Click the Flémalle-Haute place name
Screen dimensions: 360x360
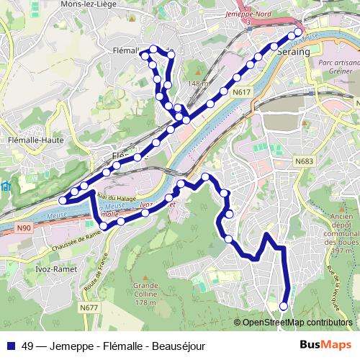point(31,140)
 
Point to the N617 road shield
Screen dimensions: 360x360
point(240,92)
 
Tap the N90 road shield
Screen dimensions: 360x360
point(23,228)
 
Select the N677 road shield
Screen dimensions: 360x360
point(89,308)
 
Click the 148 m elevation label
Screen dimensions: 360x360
point(197,84)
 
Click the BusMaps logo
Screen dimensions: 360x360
point(326,345)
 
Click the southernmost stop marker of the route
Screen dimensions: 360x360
point(283,306)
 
